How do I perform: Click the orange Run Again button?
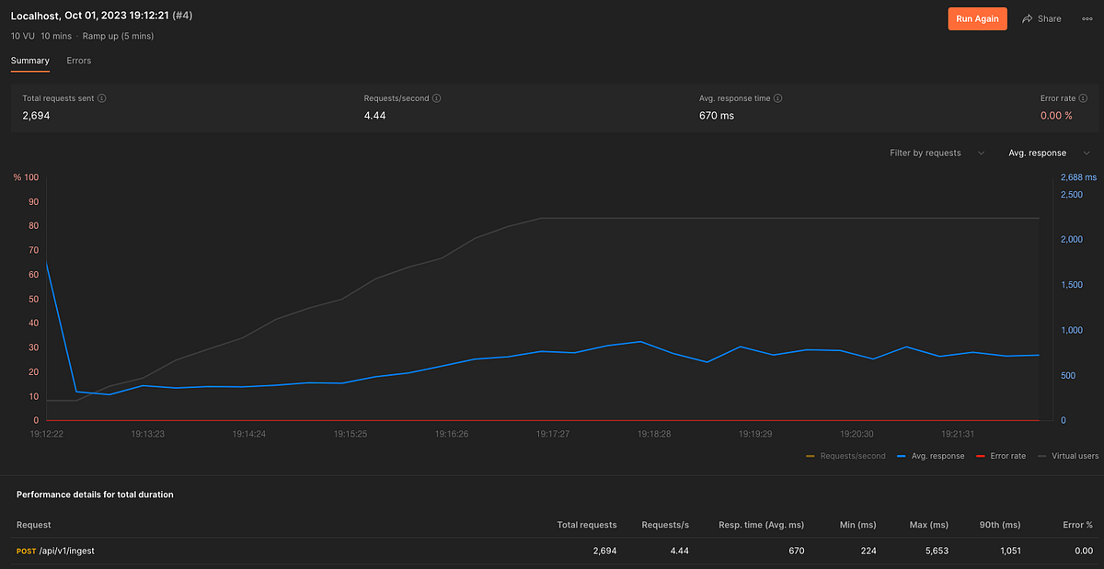[978, 18]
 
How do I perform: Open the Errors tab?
[79, 61]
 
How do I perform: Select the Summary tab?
[30, 61]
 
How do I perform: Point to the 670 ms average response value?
[717, 116]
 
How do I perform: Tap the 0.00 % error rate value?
[1056, 116]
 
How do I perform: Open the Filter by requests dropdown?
[937, 153]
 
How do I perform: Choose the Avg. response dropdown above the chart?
[1048, 153]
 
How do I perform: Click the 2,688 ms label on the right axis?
[1078, 177]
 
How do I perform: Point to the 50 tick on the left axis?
[33, 299]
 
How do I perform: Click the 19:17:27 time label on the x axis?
[553, 434]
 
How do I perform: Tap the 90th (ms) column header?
[1001, 524]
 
